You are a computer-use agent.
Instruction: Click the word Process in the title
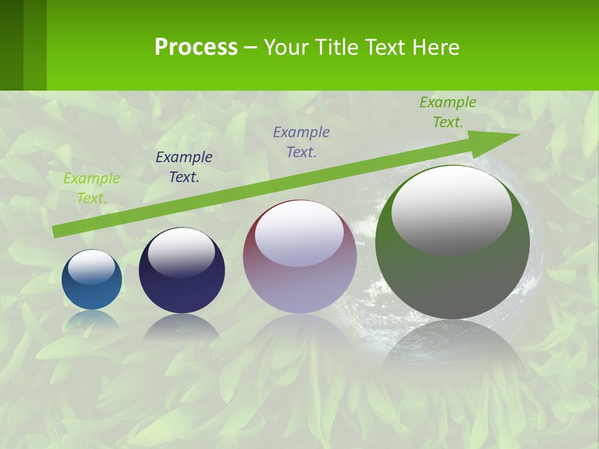pos(196,47)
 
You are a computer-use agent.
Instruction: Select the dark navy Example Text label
pos(184,167)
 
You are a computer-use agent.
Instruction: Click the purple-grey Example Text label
pos(301,142)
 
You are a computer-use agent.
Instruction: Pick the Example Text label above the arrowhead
pos(448,112)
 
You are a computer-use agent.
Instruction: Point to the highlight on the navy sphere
pos(181,253)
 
